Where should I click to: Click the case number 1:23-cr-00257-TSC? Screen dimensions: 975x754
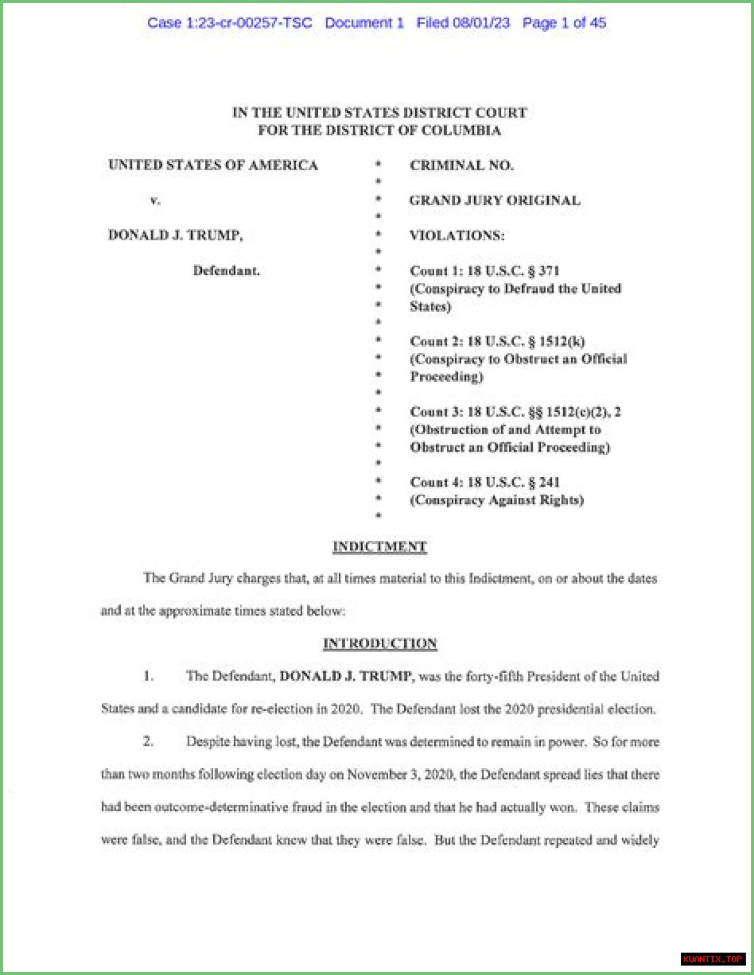[x=249, y=23]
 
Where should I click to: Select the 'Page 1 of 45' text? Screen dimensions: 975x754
[x=564, y=23]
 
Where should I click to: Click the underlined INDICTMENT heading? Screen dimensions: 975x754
[x=379, y=547]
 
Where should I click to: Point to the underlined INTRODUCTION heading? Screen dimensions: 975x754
[x=380, y=643]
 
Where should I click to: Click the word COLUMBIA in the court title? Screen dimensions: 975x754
[x=461, y=130]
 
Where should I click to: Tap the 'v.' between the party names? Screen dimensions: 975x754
[x=155, y=200]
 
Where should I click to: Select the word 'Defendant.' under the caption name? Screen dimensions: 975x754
[x=226, y=271]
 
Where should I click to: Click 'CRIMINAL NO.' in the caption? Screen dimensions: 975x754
[x=462, y=166]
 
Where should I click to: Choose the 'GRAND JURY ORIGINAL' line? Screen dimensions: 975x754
[x=495, y=200]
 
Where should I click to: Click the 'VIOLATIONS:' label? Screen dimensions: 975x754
[x=457, y=236]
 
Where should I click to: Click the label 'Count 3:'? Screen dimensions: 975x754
[x=436, y=412]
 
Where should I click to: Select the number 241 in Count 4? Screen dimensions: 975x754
[x=549, y=482]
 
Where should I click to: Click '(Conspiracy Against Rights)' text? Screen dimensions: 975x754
[x=497, y=500]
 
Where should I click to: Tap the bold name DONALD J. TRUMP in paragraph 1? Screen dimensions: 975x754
[x=345, y=676]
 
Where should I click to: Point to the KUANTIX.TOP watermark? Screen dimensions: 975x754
[x=713, y=959]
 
